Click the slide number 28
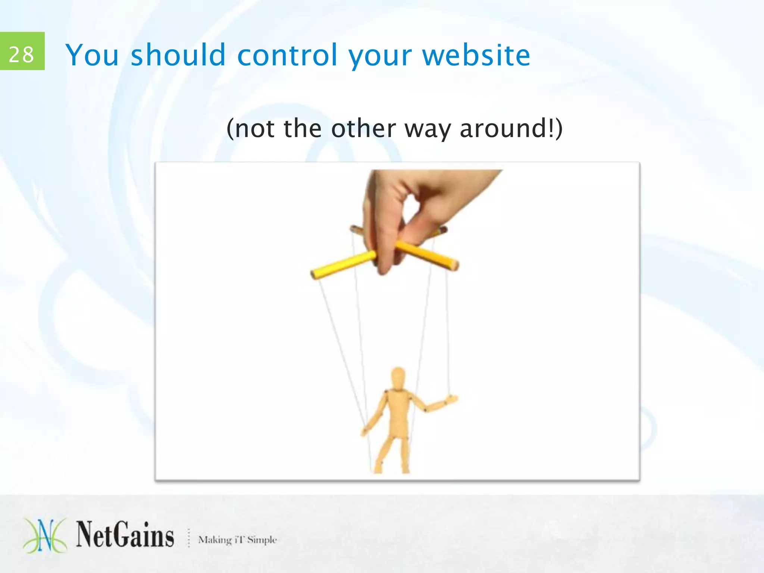[x=21, y=54]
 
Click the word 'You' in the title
[x=92, y=55]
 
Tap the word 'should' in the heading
[x=178, y=55]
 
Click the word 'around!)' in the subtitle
[x=511, y=129]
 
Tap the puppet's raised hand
[x=451, y=400]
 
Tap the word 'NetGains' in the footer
[x=125, y=535]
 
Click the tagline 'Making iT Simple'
[x=237, y=540]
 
